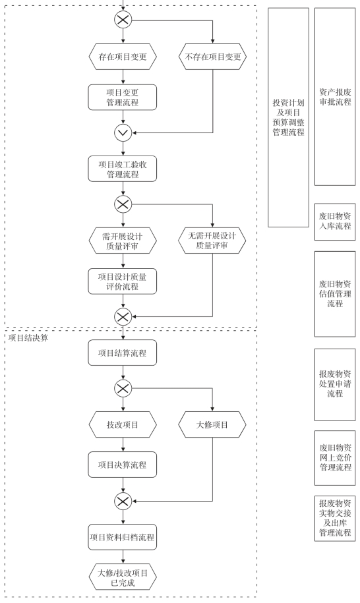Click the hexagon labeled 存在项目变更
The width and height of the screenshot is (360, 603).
pos(123,57)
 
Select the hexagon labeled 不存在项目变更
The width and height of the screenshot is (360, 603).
pos(212,57)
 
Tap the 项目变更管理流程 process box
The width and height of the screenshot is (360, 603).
pos(123,98)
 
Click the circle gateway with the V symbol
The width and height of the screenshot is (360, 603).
pos(123,133)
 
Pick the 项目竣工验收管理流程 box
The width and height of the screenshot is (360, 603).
pos(123,169)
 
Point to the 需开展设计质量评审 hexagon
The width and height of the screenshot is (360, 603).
pos(123,241)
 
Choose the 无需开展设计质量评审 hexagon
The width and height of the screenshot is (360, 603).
pos(212,241)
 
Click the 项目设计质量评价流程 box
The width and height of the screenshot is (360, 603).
pos(123,281)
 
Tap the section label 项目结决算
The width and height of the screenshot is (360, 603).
pos(28,338)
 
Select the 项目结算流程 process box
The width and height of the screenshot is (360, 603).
pos(123,353)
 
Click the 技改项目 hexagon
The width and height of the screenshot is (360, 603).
pos(123,424)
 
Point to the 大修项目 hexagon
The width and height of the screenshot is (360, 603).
pos(212,424)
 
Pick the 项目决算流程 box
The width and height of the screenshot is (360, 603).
pos(123,465)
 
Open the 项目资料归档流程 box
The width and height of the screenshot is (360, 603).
pos(123,537)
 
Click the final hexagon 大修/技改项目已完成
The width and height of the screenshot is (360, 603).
pos(123,577)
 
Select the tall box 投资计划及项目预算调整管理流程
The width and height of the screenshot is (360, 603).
pos(289,117)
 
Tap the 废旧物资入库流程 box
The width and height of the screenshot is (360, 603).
pos(335,222)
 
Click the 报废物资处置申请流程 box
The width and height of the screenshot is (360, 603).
pos(335,385)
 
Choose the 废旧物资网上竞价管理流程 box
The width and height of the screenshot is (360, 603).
pos(335,457)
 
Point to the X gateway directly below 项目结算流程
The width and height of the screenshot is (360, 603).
pos(123,388)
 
